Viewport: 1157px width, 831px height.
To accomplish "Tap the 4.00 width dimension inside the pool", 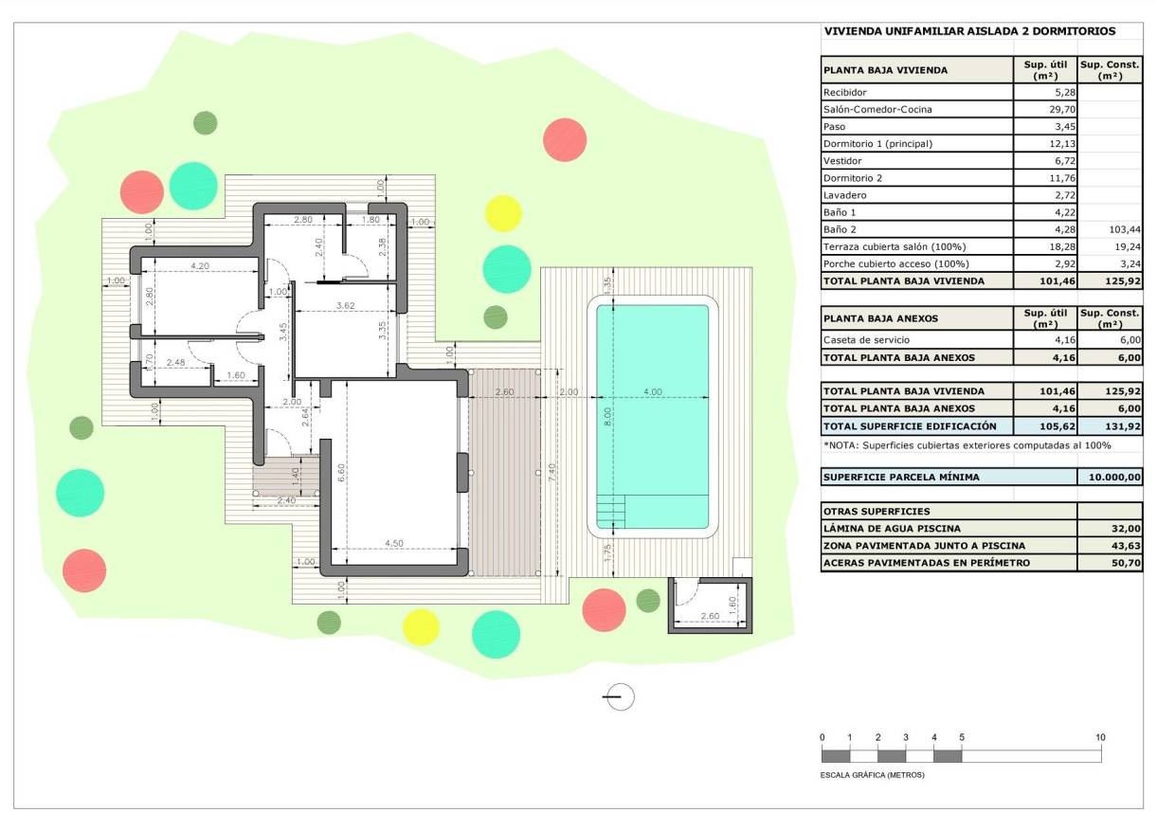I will click(x=652, y=391).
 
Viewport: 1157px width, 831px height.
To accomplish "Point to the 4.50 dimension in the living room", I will click(x=393, y=543).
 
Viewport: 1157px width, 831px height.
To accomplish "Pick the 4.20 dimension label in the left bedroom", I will click(x=200, y=266).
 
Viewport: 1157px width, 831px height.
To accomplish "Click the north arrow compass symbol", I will click(x=619, y=696).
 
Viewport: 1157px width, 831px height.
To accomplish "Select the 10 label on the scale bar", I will click(x=1099, y=737).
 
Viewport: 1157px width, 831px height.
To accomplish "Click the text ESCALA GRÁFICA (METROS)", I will click(x=872, y=774).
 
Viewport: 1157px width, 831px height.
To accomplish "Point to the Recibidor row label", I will click(x=845, y=93).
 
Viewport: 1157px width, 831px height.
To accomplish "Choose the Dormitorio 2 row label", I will click(x=853, y=178).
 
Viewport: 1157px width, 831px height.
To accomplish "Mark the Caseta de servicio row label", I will click(x=867, y=340).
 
